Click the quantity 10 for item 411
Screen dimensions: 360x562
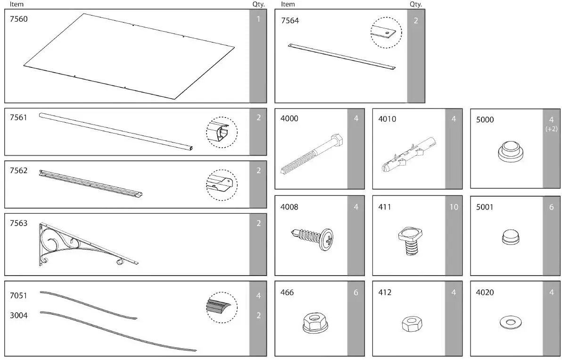click(454, 207)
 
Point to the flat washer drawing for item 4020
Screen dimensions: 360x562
click(510, 323)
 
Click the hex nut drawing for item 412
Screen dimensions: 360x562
click(412, 324)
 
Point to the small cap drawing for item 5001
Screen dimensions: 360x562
click(510, 237)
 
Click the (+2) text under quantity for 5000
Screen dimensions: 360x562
click(551, 129)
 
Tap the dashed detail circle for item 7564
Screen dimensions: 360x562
click(386, 33)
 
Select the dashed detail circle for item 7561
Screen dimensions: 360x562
click(222, 132)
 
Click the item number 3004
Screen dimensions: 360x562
click(18, 315)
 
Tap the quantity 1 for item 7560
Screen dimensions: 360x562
click(258, 19)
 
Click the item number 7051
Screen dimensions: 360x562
click(18, 296)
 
